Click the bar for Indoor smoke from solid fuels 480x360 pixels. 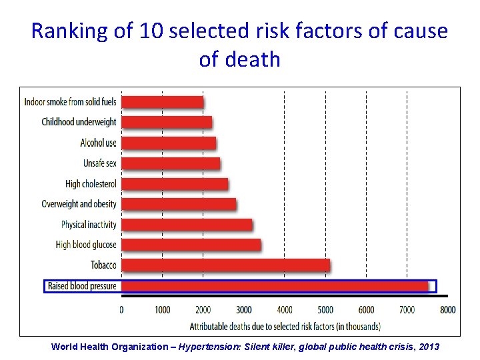(x=163, y=102)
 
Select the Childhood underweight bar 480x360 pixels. (x=167, y=122)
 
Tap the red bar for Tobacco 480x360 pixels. (x=225, y=265)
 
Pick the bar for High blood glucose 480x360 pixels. (x=191, y=245)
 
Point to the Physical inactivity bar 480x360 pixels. (x=187, y=225)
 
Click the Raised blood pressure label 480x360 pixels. (x=82, y=286)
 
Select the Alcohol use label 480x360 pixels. (x=98, y=143)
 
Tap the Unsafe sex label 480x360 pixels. (x=100, y=163)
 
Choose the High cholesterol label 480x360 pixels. (x=91, y=184)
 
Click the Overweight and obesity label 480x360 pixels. (x=79, y=204)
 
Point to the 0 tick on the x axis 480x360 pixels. (x=121, y=310)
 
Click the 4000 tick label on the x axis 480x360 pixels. (x=285, y=310)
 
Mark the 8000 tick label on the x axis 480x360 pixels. (x=447, y=310)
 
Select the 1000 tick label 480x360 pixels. (x=162, y=310)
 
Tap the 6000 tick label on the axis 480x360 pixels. (x=366, y=310)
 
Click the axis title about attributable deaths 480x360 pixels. (x=285, y=327)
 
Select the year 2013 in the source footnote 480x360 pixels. (x=428, y=347)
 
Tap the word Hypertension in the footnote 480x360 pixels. (x=210, y=347)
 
